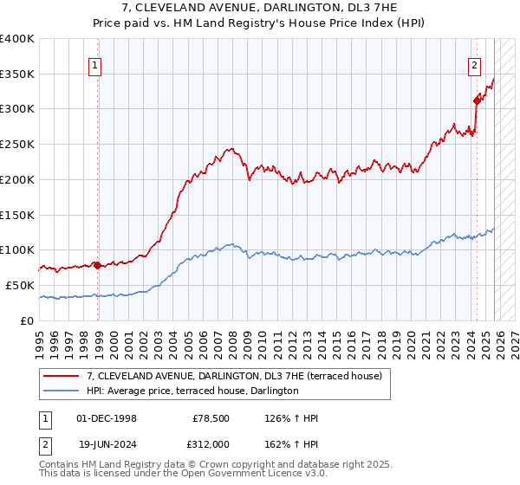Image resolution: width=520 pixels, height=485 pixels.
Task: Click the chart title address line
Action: (x=259, y=8)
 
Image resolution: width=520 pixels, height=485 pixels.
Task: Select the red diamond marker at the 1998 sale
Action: (x=97, y=265)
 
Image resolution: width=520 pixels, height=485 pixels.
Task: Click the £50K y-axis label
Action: (x=20, y=285)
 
